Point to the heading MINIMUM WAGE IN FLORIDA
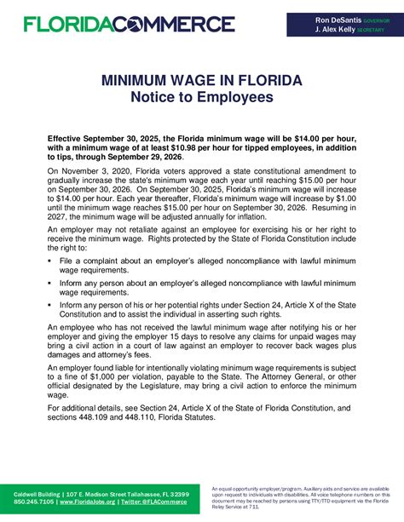pos(201,81)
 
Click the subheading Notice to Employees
pos(201,98)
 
